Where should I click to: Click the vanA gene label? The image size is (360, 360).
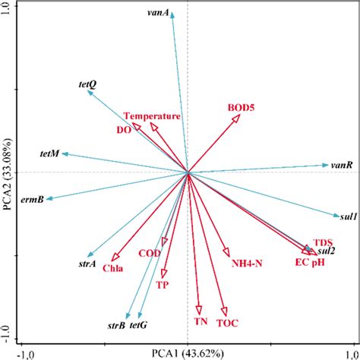(157, 13)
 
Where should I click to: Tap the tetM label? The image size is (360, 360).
(49, 154)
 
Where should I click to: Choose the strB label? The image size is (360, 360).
(116, 326)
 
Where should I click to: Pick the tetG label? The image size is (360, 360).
(138, 326)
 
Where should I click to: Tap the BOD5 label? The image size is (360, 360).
(242, 109)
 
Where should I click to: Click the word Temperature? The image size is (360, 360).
(153, 116)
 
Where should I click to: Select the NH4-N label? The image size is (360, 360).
(247, 265)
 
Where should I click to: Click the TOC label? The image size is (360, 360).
(227, 323)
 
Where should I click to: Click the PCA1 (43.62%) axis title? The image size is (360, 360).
(189, 353)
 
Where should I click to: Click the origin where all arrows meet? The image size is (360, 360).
(188, 172)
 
